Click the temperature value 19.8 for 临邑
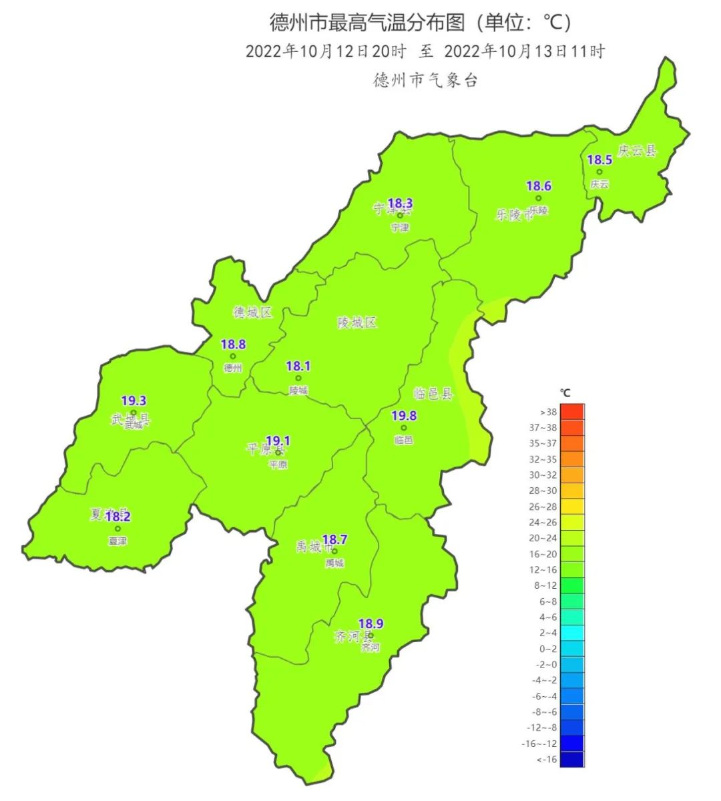pos(404,416)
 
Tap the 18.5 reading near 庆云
pos(599,160)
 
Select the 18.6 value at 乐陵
pos(539,186)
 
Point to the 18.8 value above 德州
pos(233,344)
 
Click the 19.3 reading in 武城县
pos(134,400)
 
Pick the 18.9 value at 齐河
pos(371,623)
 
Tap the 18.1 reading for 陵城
pos(298,366)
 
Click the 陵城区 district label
pos(358,323)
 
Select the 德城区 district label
pos(253,312)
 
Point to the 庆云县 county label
pos(637,151)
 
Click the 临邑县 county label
pos(433,394)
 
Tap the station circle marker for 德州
pos(233,356)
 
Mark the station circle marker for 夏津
pos(118,529)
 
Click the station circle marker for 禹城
pos(334,551)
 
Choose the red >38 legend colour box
pos(571,412)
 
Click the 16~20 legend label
pos(543,553)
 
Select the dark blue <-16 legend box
pos(571,759)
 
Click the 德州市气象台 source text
pos(426,81)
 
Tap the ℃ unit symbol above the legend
pos(565,392)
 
